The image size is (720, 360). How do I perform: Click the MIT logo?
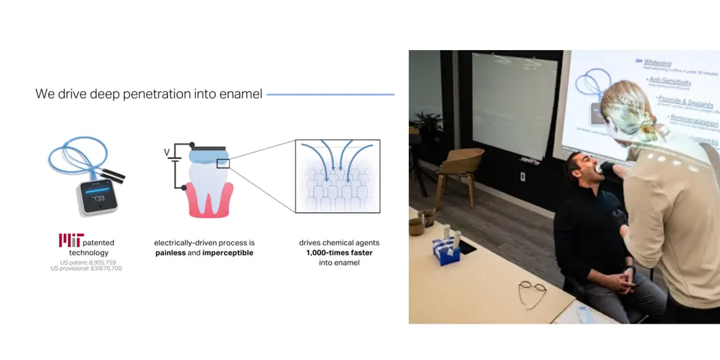click(x=71, y=240)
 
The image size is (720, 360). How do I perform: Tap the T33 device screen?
click(x=99, y=197)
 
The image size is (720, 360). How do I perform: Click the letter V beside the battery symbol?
click(x=166, y=152)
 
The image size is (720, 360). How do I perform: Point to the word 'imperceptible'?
click(x=227, y=253)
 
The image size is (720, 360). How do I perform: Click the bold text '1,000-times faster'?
click(x=339, y=253)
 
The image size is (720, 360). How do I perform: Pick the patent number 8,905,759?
click(x=101, y=263)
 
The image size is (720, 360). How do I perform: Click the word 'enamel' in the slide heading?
click(x=240, y=94)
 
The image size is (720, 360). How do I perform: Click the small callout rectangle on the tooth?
click(x=223, y=163)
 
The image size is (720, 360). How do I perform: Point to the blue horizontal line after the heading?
click(x=330, y=95)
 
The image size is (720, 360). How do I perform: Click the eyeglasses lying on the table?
click(x=531, y=293)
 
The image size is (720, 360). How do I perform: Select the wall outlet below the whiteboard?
click(x=523, y=176)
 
